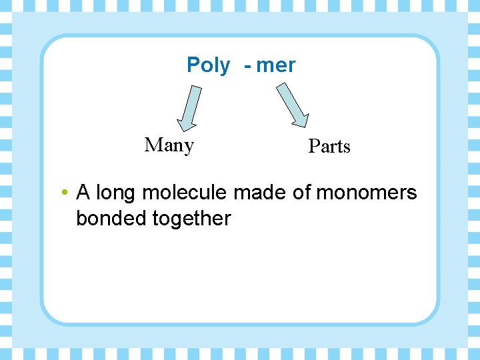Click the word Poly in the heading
coord(208,65)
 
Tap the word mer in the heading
coord(276,65)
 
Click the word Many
coord(169,145)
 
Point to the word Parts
coord(329,146)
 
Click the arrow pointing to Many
coord(189,107)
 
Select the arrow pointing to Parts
coord(293,104)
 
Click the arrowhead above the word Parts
coord(301,119)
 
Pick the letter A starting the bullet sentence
coord(83,193)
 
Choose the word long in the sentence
coord(117,194)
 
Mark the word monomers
coord(367,193)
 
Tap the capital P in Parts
coord(313,146)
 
